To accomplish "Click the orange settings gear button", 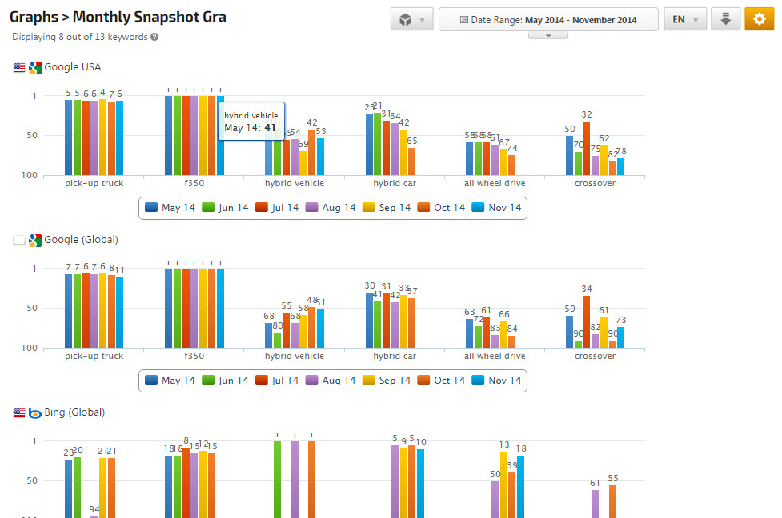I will [759, 19].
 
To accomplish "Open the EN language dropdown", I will [684, 19].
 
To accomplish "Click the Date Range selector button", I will [548, 19].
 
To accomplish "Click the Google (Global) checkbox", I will [19, 240].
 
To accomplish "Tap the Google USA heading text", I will [72, 67].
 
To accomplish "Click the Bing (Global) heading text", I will [74, 412].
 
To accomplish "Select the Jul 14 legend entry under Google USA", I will [277, 208].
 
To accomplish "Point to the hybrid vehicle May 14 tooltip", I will [251, 122].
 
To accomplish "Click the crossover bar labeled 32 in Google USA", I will [587, 148].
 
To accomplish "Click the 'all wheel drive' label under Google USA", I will [495, 183].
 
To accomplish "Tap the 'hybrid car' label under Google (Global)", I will [395, 356].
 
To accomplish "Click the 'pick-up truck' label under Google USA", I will [94, 183].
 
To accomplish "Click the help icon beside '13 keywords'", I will [154, 37].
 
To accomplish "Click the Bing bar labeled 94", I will [94, 516].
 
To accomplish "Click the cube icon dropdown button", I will [412, 19].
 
